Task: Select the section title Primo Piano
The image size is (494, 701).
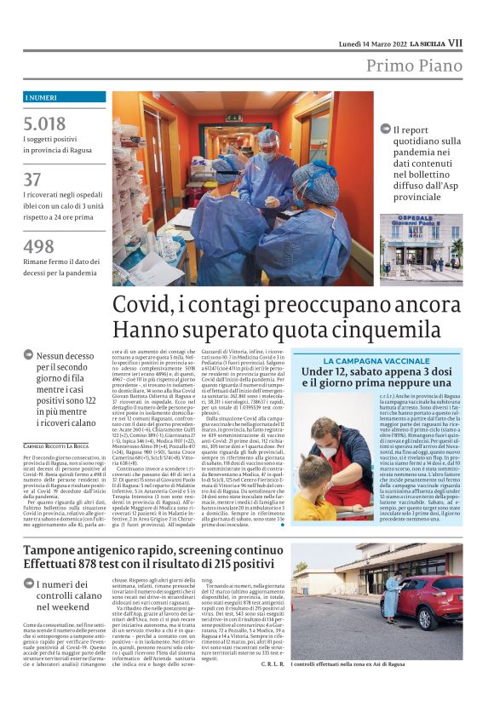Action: (415, 66)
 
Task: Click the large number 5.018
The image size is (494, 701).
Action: (45, 124)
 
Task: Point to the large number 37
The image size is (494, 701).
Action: (32, 180)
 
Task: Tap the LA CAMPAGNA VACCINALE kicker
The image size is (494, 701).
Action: (376, 361)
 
